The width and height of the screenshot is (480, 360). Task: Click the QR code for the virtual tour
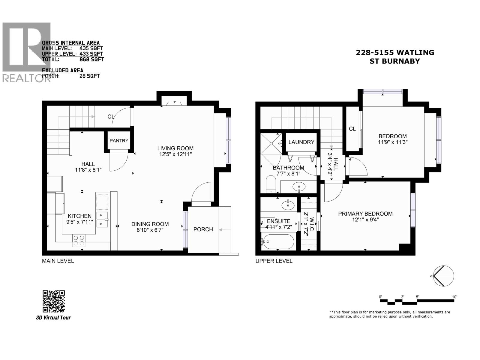coord(54,301)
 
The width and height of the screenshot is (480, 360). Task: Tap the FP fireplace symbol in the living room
coord(174,102)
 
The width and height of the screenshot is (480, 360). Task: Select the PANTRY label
coord(119,140)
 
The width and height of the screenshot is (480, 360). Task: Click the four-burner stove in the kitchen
coord(79,240)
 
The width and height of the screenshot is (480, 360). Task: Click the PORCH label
coord(203,229)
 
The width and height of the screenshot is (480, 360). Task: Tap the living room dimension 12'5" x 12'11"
coord(175,154)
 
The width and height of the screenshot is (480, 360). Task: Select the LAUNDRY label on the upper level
coord(301,142)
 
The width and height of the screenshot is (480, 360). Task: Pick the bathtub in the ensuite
coord(277,241)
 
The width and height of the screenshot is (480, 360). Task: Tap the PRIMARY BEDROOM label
coord(365,214)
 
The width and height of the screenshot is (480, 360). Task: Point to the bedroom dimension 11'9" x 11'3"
coord(392,142)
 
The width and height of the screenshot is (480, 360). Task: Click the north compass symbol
coord(444,276)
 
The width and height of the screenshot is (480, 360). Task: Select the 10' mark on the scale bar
coord(454,297)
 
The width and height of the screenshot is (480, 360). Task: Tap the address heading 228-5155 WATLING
coord(395,52)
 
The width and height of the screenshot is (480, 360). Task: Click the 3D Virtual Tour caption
coord(53,317)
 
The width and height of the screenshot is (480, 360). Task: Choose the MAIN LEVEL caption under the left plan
coord(58,261)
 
